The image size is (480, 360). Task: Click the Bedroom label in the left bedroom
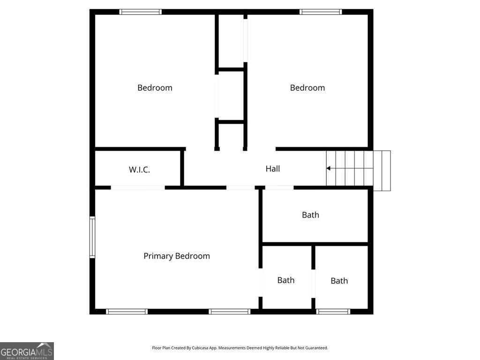pos(155,88)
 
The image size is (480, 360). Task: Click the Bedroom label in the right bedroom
pos(307,88)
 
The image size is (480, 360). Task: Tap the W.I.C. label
pos(139,170)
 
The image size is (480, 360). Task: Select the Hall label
pos(273,169)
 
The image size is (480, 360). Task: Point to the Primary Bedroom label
pos(177,256)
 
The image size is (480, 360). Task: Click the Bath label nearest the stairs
pos(310,215)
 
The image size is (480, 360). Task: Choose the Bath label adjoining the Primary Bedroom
pos(286,280)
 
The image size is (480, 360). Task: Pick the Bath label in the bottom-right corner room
pos(339,281)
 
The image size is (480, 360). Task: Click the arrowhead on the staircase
pos(328,168)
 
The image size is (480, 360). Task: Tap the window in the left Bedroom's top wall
pos(141,12)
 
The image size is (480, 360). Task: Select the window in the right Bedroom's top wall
pos(321,12)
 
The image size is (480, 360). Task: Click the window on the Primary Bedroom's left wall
pos(92,237)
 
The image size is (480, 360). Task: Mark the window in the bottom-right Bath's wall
pos(333,312)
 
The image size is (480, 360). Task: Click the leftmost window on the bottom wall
pos(127,312)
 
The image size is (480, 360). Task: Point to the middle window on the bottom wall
pos(230,312)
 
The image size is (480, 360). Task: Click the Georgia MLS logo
pos(27,351)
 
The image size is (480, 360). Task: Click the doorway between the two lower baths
pos(313,284)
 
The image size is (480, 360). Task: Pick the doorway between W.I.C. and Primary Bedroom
pos(138,187)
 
